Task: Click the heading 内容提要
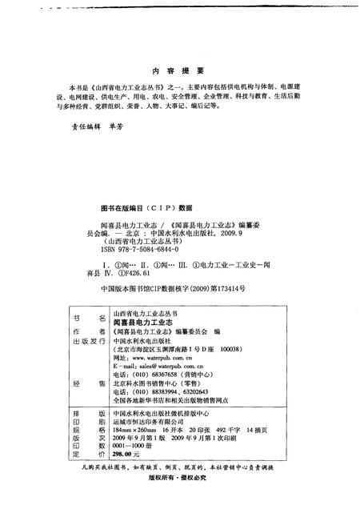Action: click(179, 70)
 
